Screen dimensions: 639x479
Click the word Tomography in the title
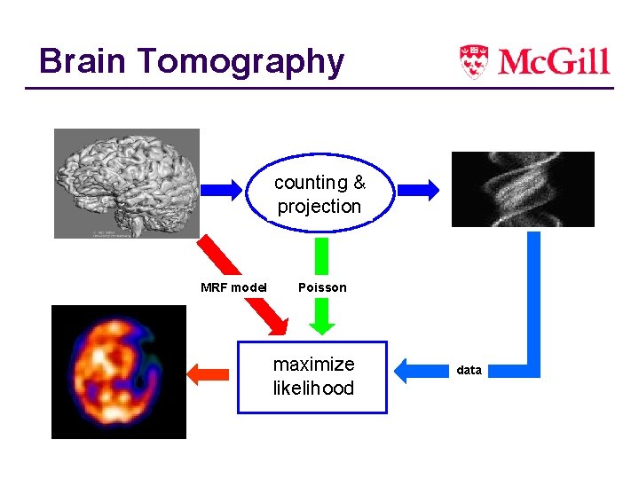pos(240,62)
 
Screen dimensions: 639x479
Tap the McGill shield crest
pos(473,60)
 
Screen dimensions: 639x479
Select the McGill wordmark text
pos(554,61)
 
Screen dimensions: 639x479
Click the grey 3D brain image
pos(126,183)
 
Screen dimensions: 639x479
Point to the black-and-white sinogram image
pos(523,189)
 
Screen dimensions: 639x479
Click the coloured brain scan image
pos(119,372)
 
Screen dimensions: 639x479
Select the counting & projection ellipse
pos(319,194)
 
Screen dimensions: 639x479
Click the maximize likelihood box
pos(312,377)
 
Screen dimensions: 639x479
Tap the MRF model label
pos(233,287)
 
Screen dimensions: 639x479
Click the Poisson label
pos(322,287)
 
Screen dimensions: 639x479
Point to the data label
pos(469,370)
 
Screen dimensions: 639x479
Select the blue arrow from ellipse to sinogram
pos(415,189)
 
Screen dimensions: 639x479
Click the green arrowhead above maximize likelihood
pos(322,316)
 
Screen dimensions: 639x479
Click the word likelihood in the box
pos(313,389)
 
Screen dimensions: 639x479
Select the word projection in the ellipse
pos(319,207)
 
